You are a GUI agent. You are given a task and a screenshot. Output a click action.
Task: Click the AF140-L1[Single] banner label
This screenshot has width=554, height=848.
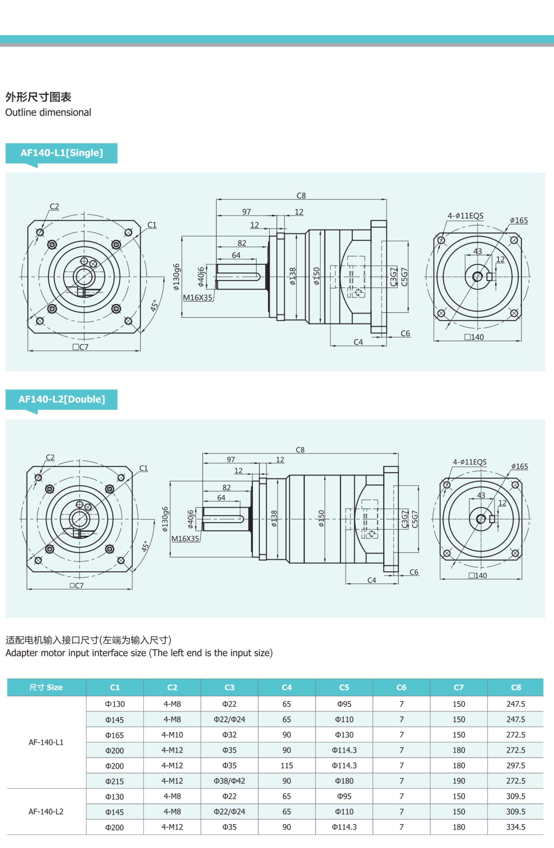62,153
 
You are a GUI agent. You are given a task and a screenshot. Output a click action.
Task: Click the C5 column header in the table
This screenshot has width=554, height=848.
344,687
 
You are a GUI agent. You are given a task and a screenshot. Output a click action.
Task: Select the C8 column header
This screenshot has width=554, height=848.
516,687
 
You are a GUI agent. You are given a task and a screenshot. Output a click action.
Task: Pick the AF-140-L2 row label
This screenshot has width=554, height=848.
46,811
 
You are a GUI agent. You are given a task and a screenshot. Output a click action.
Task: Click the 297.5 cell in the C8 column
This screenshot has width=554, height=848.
516,765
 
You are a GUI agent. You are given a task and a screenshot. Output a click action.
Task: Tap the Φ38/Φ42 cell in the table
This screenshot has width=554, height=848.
229,781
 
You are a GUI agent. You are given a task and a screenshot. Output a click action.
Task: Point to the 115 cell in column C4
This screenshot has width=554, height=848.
287,765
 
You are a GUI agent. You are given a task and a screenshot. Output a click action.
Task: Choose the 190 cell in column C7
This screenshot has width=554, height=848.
459,781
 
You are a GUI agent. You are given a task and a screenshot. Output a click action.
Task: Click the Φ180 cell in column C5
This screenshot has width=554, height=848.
344,781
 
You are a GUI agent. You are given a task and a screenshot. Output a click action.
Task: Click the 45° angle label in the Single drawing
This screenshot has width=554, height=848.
154,305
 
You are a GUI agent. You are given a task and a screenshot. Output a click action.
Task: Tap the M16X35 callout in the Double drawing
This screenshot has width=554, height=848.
185,538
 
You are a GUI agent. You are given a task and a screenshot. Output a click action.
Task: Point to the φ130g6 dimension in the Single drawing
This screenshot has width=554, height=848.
176,277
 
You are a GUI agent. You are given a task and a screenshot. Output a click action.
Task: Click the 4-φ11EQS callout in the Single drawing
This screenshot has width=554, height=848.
465,216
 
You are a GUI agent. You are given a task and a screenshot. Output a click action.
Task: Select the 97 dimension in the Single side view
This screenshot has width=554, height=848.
246,212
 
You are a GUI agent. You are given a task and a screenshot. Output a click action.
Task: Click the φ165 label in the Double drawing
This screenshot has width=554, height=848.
519,466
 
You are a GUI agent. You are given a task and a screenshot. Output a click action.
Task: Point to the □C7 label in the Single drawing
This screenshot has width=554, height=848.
80,347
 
